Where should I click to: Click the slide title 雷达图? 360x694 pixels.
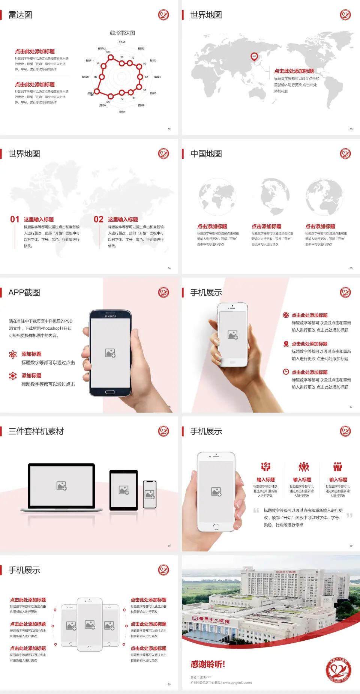pyautogui.click(x=20, y=15)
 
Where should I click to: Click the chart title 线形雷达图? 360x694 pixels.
pyautogui.click(x=122, y=33)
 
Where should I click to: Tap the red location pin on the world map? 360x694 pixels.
pyautogui.click(x=254, y=56)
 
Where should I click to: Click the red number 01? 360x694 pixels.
pyautogui.click(x=15, y=219)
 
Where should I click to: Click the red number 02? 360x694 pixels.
pyautogui.click(x=99, y=219)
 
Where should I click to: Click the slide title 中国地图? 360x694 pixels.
pyautogui.click(x=206, y=154)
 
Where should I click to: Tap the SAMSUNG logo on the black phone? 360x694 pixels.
pyautogui.click(x=110, y=316)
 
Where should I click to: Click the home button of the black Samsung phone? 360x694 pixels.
pyautogui.click(x=110, y=392)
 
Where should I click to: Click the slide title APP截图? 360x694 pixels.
pyautogui.click(x=24, y=293)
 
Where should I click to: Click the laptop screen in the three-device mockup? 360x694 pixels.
pyautogui.click(x=61, y=485)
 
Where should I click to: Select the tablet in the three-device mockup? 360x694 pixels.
pyautogui.click(x=124, y=490)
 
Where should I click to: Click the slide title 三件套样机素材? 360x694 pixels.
pyautogui.click(x=36, y=431)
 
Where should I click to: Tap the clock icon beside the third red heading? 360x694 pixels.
pyautogui.click(x=286, y=372)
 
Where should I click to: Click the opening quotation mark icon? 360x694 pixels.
pyautogui.click(x=256, y=511)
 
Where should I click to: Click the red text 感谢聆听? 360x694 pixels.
pyautogui.click(x=208, y=664)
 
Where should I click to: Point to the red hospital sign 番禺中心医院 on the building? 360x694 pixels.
pyautogui.click(x=214, y=619)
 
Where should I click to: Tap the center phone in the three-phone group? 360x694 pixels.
pyautogui.click(x=90, y=625)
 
